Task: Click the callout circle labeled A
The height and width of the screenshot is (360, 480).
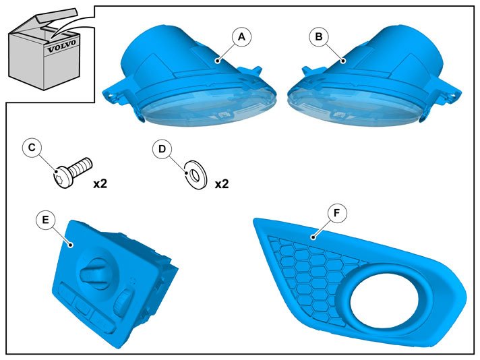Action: pyautogui.click(x=241, y=36)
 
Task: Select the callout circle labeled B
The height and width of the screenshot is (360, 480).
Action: pyautogui.click(x=319, y=36)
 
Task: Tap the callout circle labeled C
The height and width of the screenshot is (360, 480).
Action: pyautogui.click(x=32, y=148)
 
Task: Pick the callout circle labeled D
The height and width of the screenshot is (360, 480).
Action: pyautogui.click(x=162, y=149)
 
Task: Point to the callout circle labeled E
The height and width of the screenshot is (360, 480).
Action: pyautogui.click(x=45, y=220)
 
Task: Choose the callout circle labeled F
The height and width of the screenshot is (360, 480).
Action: pyautogui.click(x=336, y=212)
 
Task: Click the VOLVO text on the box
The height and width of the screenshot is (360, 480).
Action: pyautogui.click(x=61, y=46)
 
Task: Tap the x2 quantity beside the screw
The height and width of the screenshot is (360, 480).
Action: pyautogui.click(x=100, y=184)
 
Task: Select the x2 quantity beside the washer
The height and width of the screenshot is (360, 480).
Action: pyautogui.click(x=222, y=184)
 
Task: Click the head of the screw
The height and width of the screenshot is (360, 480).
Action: pyautogui.click(x=64, y=177)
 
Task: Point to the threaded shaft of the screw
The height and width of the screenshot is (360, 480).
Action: pyautogui.click(x=81, y=165)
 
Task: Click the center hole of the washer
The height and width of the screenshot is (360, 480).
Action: pyautogui.click(x=195, y=175)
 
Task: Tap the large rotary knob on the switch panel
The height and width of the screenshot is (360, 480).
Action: pyautogui.click(x=94, y=270)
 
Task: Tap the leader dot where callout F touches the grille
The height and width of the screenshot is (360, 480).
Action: pyautogui.click(x=313, y=237)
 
